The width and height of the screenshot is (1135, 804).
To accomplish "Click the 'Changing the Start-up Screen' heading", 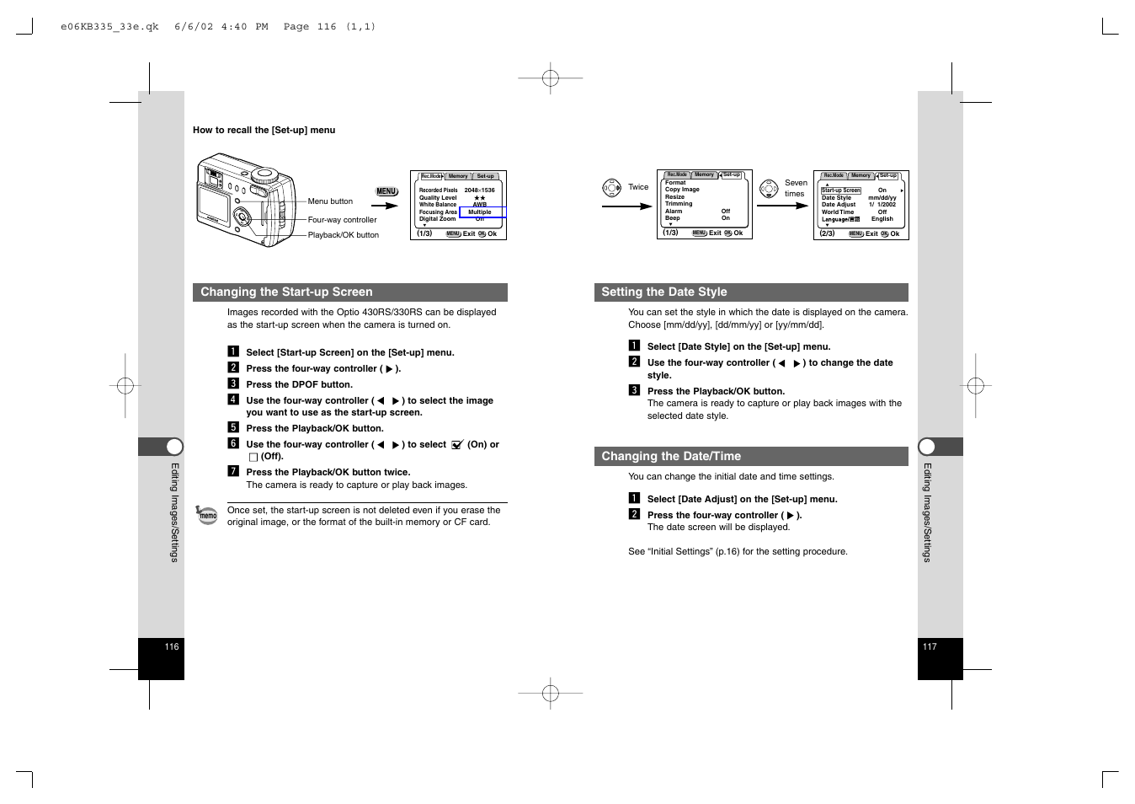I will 286,292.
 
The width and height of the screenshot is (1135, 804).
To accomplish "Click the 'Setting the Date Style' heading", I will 663,292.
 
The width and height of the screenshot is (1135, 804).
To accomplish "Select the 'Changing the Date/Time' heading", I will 670,457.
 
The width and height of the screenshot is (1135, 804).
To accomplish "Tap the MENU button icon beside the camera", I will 386,192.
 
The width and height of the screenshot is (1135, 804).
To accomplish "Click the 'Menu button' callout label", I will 330,201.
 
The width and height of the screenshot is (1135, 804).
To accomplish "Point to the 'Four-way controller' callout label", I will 342,220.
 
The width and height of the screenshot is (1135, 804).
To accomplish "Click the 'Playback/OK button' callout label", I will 343,235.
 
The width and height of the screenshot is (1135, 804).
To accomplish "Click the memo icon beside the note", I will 206,515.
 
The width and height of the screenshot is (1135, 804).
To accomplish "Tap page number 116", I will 172,647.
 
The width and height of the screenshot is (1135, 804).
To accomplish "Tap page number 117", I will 930,647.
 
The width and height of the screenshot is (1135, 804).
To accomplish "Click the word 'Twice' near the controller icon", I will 638,187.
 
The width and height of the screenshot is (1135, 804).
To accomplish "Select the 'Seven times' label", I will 796,188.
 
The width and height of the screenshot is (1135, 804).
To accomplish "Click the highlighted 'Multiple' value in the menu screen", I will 480,212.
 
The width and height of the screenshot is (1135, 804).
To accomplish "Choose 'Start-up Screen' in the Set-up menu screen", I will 840,190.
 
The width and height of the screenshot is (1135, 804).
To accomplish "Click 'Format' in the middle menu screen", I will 675,183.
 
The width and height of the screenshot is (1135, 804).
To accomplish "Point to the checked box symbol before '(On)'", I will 457,445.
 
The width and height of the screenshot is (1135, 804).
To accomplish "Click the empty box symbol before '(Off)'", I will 253,457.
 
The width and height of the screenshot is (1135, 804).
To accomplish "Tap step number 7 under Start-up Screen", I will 233,472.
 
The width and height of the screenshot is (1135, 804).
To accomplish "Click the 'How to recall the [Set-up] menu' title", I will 264,131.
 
